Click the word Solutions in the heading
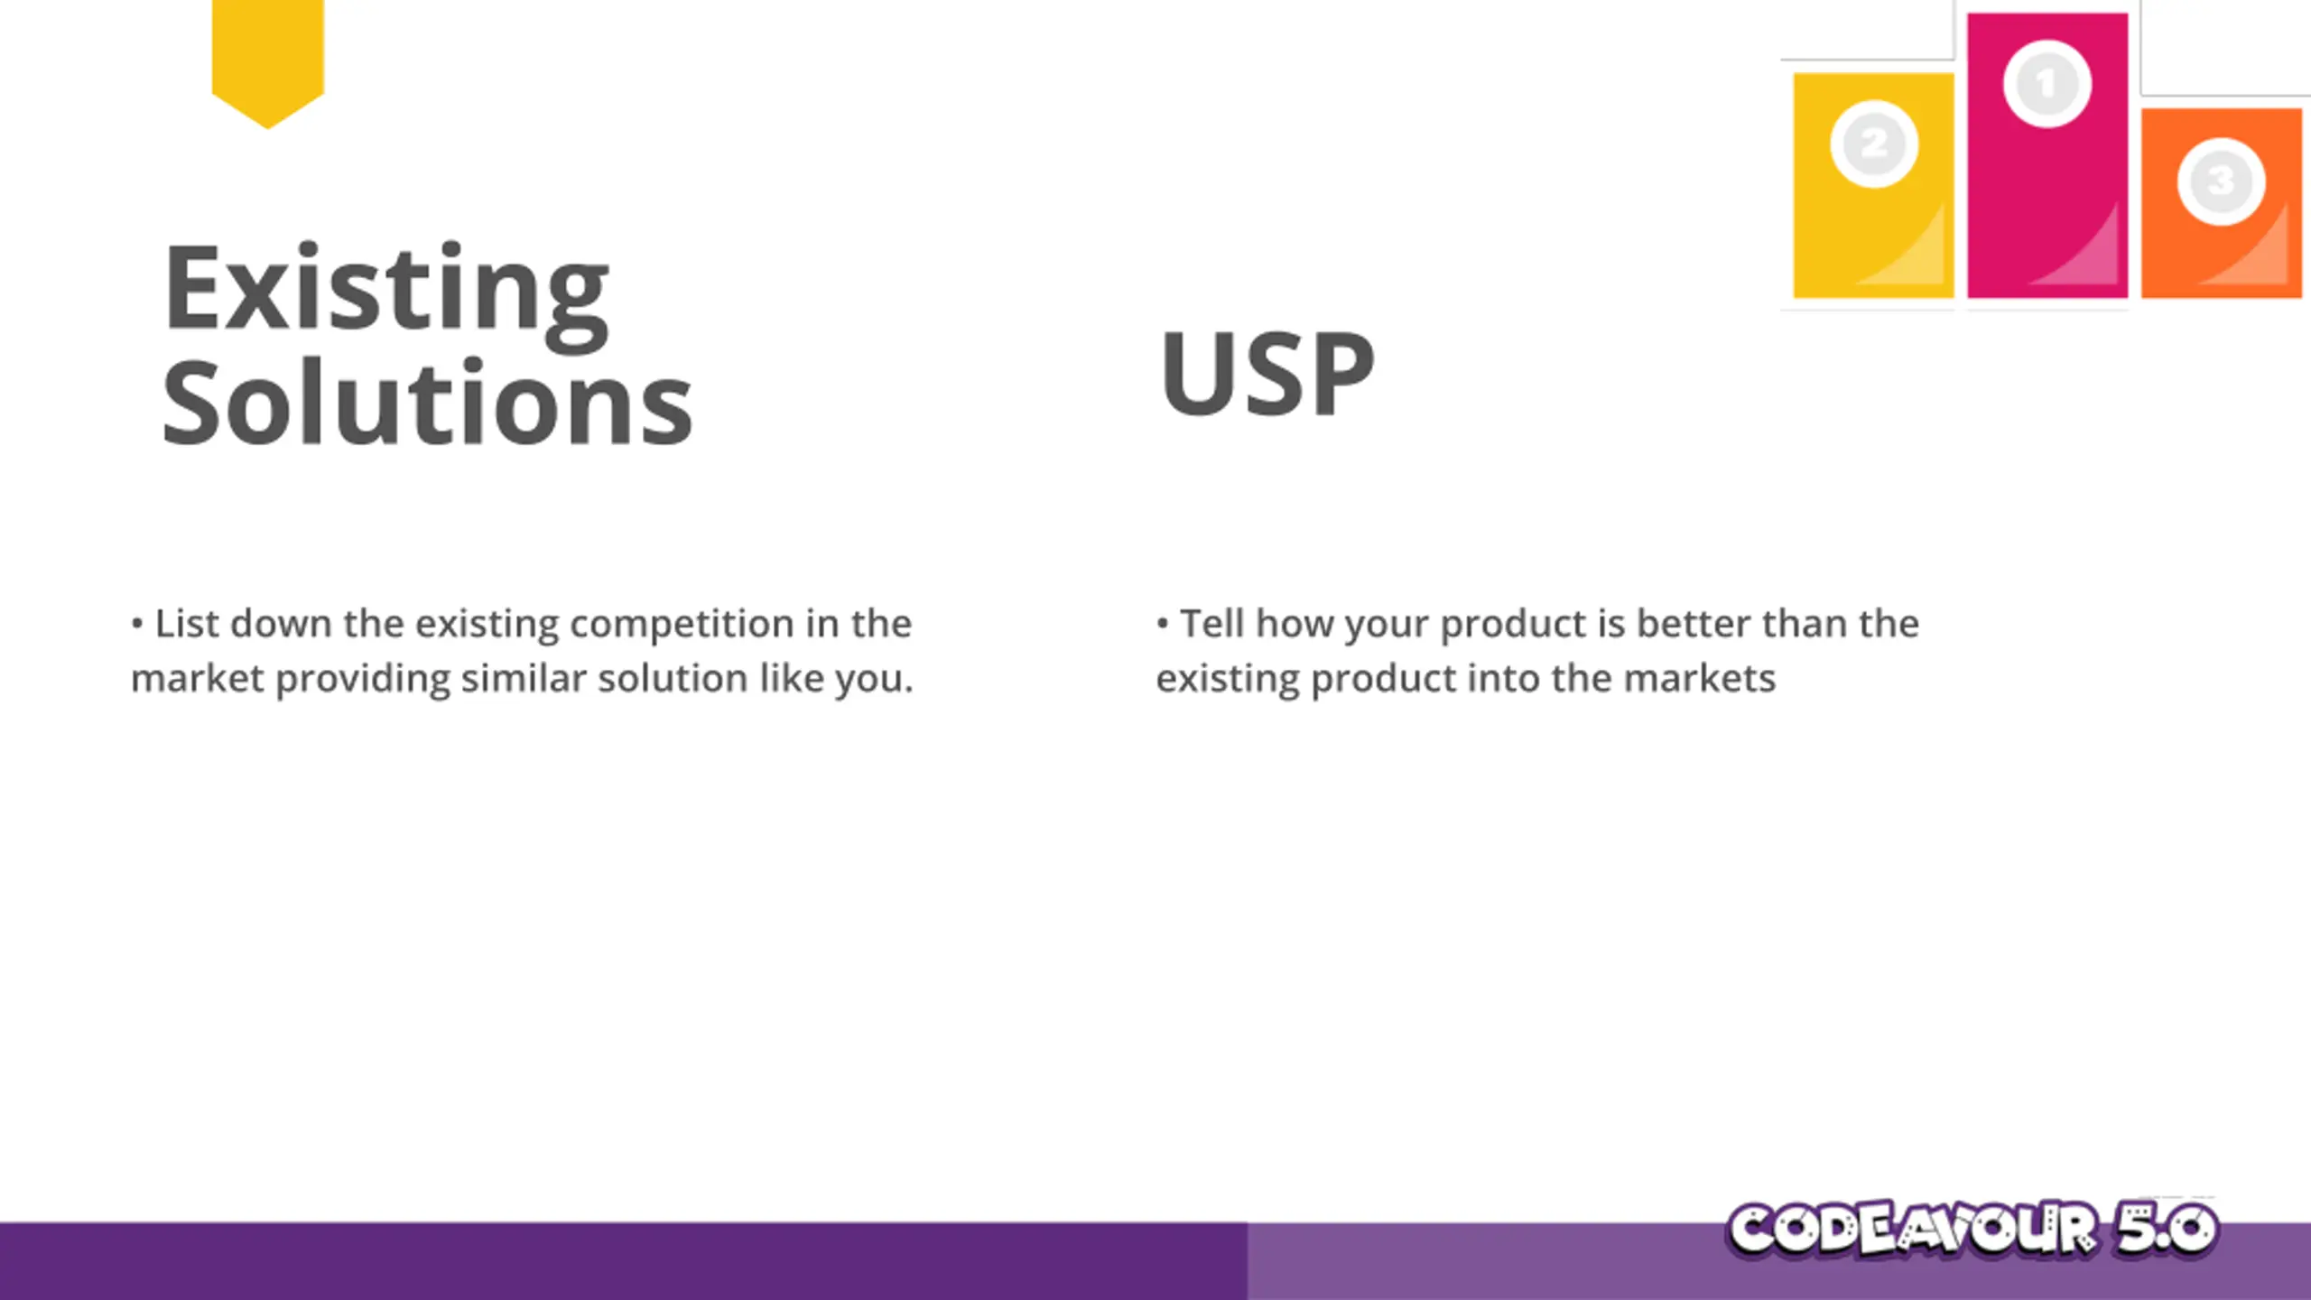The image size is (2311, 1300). tap(427, 403)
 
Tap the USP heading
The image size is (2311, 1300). tap(1267, 373)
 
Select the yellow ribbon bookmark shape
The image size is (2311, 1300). tap(268, 61)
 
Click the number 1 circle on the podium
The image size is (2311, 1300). tap(2047, 84)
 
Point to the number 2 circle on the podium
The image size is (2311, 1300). tap(1874, 144)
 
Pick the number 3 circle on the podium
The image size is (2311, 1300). tap(2222, 181)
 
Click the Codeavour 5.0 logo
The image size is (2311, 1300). tap(1972, 1229)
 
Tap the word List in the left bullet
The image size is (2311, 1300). tap(187, 623)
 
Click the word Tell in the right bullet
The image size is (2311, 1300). tap(1212, 623)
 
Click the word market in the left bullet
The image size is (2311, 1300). tap(197, 678)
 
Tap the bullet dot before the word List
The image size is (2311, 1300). tap(137, 624)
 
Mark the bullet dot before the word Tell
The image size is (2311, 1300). tap(1163, 624)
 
